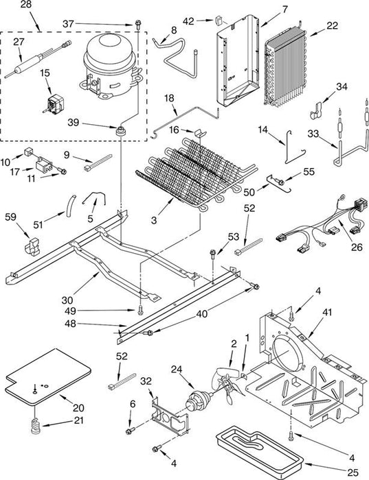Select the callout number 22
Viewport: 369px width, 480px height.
[332, 25]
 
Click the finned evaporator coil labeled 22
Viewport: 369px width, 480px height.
[287, 67]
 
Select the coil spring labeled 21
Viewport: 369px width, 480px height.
[36, 426]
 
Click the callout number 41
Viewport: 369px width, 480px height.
[327, 313]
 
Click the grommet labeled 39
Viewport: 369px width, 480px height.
[120, 130]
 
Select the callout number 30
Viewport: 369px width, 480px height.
[67, 300]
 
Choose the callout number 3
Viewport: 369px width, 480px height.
[154, 219]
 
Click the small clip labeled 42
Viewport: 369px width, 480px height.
[218, 20]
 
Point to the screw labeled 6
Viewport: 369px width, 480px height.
[129, 431]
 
